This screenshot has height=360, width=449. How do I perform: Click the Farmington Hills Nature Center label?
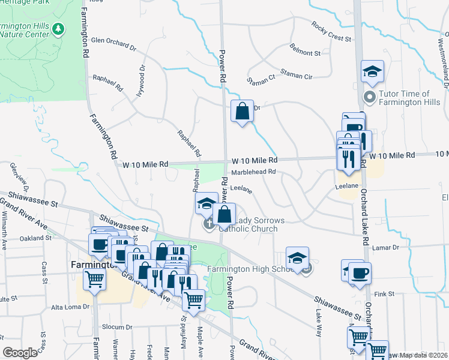point(26,29)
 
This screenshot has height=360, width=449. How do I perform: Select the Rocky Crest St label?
point(331,32)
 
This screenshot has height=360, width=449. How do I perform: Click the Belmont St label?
point(305,53)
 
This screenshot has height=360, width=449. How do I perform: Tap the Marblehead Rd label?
point(253,172)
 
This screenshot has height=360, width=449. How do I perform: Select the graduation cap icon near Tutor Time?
point(372,72)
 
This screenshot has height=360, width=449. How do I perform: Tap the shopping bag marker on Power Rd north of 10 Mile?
point(242,111)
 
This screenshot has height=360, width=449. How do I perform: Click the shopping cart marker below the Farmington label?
point(95,278)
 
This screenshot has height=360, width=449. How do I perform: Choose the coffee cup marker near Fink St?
point(360,273)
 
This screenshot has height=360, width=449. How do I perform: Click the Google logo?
point(20,353)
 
